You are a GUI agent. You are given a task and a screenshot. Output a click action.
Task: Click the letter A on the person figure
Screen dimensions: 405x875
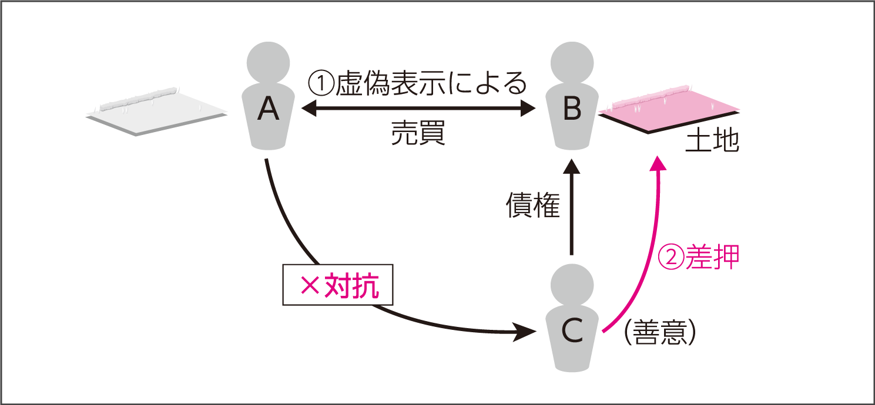[x=268, y=109]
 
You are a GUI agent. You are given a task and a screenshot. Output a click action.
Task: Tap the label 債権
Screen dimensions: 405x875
[x=533, y=205]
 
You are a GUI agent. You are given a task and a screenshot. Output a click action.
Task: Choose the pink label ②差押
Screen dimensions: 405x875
[x=698, y=256]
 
